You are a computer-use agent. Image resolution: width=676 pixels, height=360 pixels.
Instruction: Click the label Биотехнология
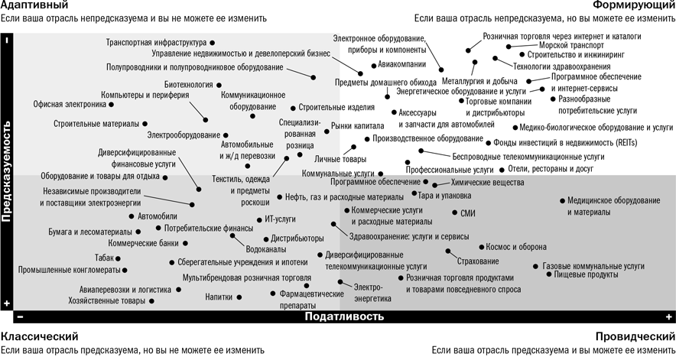pos(189,84)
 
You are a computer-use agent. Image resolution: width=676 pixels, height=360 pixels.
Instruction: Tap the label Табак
pos(105,258)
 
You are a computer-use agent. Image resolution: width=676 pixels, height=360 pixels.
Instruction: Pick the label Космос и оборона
pos(517,247)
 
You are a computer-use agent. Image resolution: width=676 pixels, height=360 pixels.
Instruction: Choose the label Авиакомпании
pos(400,65)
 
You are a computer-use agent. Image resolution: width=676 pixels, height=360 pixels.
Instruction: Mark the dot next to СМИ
pos(455,213)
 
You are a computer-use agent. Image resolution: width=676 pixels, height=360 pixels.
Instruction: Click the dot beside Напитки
pos(238,297)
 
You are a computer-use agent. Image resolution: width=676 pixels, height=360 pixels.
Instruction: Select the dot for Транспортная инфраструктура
pos(212,44)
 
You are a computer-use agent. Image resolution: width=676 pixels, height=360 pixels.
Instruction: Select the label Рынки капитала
pos(356,126)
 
